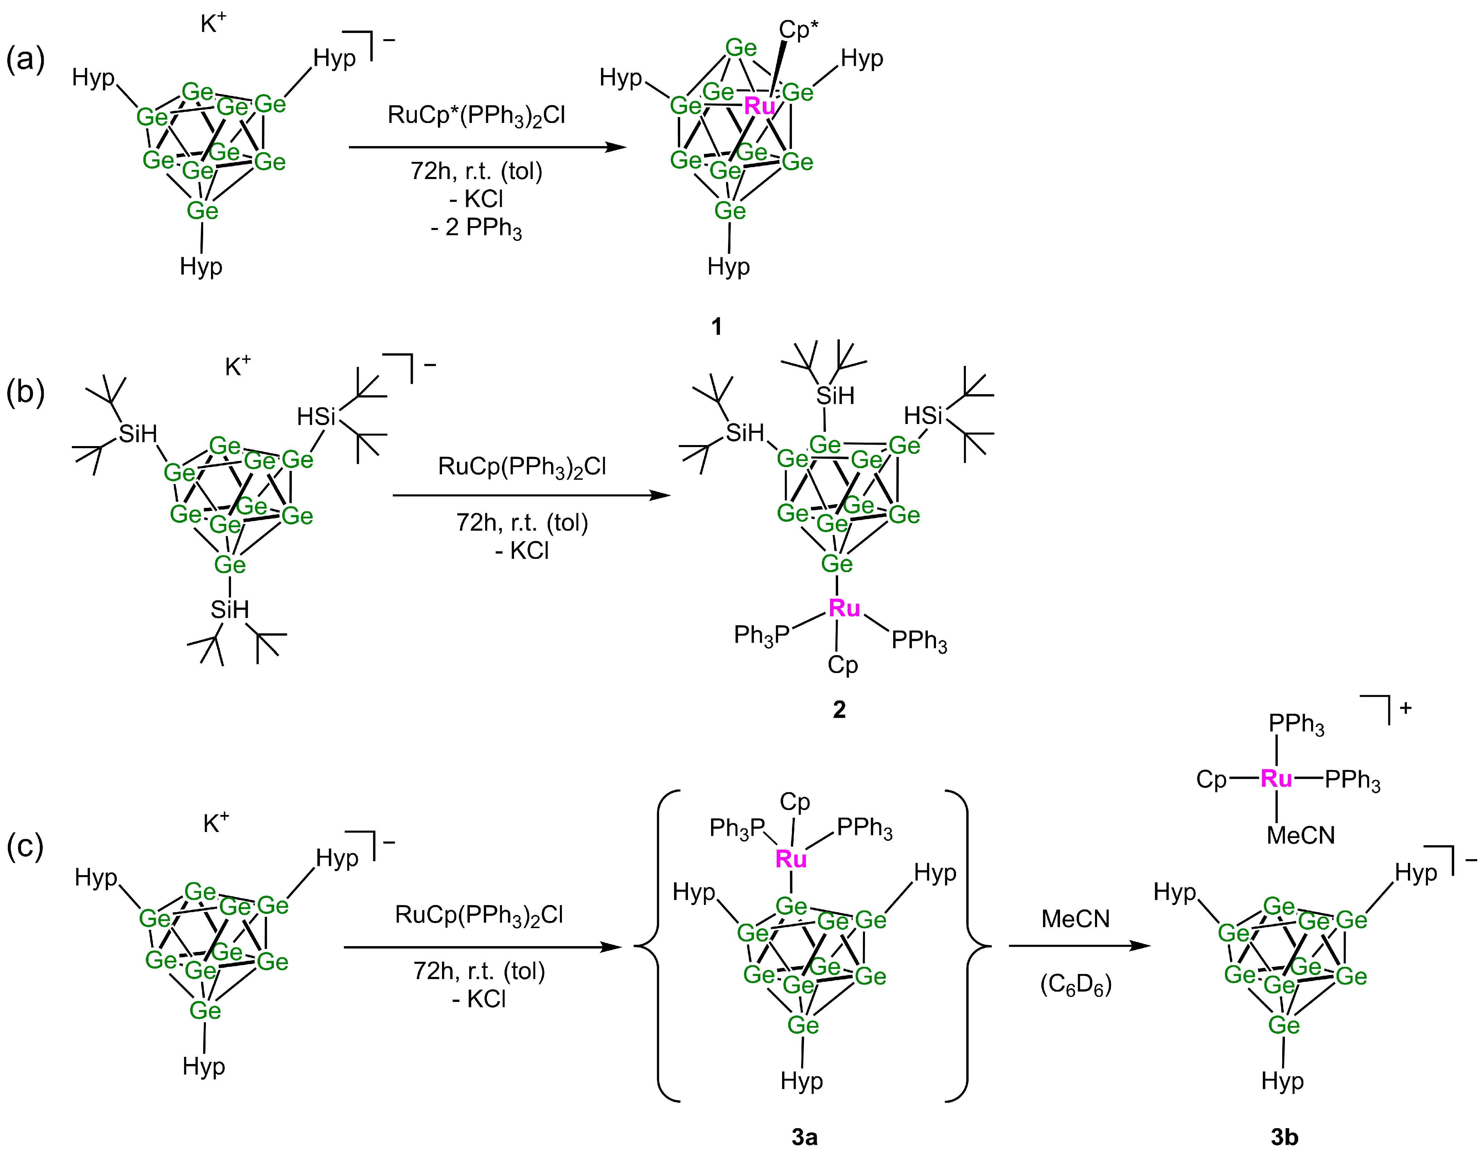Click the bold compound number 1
[716, 327]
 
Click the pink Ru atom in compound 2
[844, 608]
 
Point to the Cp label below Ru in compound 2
[843, 664]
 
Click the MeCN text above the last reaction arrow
[1076, 919]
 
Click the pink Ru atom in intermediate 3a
[791, 859]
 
